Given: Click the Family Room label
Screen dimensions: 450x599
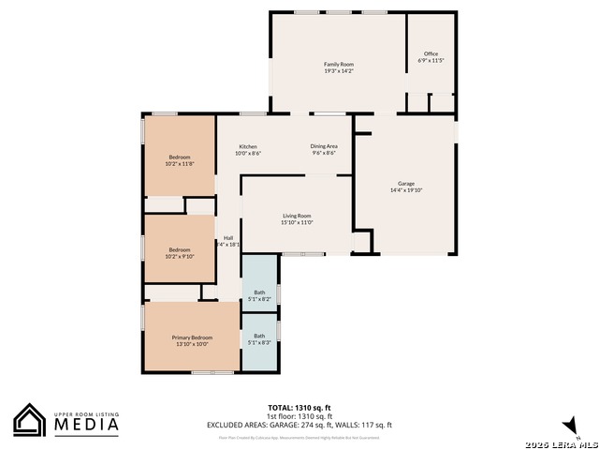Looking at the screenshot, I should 338,64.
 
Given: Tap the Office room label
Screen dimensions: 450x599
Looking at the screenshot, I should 431,53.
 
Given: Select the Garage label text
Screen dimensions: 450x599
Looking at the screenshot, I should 405,183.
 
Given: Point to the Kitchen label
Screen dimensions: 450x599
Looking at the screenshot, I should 248,146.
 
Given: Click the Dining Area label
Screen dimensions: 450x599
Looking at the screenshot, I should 324,146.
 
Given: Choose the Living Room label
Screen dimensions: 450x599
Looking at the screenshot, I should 297,216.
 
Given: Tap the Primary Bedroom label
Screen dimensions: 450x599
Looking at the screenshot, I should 192,337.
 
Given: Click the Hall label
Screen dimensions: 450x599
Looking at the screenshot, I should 228,237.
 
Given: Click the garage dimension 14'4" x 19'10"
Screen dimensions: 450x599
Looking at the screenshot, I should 405,190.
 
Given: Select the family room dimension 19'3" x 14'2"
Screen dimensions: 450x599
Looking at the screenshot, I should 338,71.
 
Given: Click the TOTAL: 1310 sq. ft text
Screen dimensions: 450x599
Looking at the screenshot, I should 299,408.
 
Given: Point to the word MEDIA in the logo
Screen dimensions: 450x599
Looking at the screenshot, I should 85,425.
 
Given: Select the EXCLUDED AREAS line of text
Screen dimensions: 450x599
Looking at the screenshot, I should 299,425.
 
